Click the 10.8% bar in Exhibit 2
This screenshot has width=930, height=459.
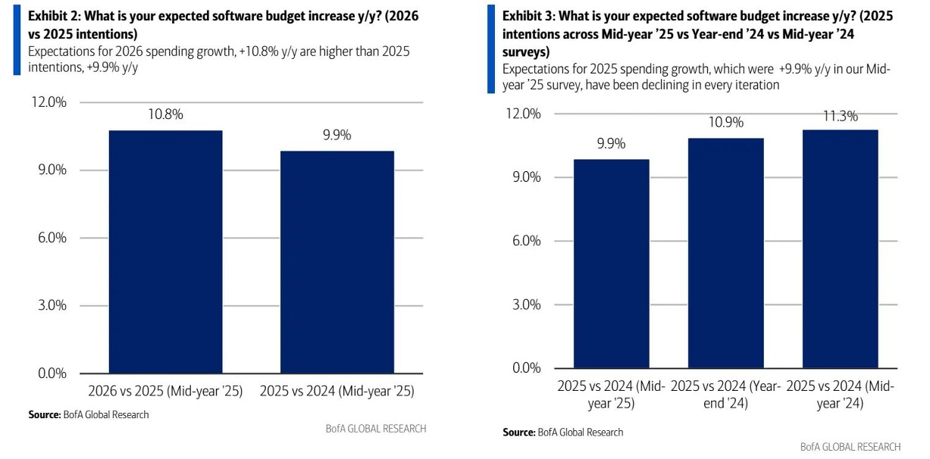point(165,251)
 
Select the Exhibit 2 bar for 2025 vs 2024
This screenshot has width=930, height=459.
point(337,261)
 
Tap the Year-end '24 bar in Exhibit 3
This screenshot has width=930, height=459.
point(726,253)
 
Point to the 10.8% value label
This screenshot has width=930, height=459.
point(165,115)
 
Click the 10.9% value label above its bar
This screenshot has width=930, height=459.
point(726,123)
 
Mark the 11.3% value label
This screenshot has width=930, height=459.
point(839,116)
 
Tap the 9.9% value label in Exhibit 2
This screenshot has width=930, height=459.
point(337,136)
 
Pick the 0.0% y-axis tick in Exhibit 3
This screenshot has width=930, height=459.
point(525,368)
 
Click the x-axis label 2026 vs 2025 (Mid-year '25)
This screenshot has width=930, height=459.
point(165,392)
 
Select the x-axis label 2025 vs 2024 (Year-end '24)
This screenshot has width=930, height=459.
point(726,395)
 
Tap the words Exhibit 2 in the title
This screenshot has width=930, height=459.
point(52,16)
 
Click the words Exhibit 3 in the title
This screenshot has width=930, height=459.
point(528,16)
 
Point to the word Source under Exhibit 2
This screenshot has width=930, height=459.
point(43,415)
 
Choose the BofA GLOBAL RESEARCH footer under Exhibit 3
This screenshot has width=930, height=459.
point(850,447)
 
